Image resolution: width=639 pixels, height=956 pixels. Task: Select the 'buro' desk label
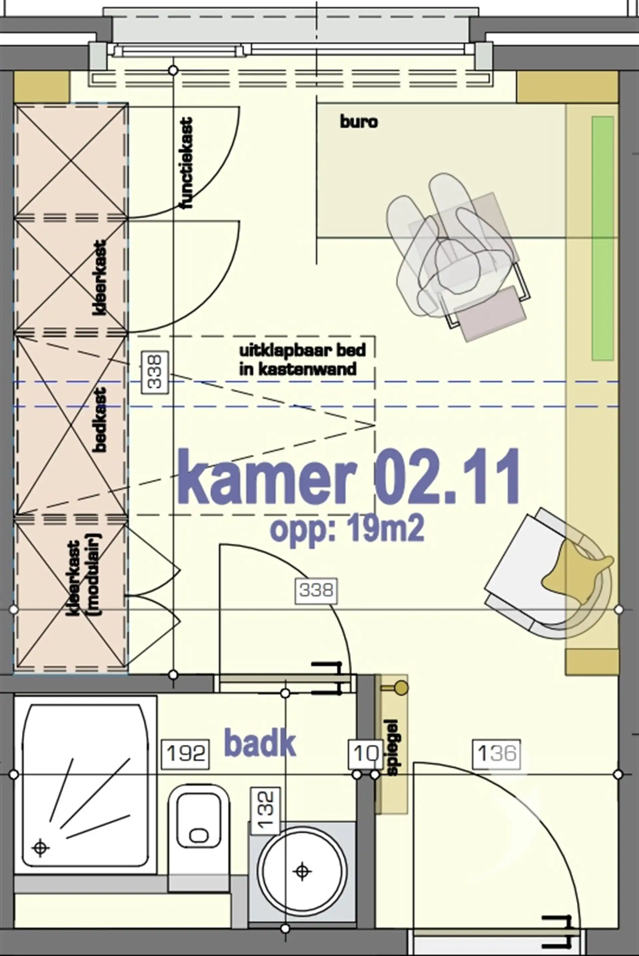(x=359, y=121)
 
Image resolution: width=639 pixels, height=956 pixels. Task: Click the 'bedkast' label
(x=100, y=419)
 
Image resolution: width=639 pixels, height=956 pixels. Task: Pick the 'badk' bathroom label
(x=260, y=744)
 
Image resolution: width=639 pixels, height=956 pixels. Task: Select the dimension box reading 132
(x=266, y=809)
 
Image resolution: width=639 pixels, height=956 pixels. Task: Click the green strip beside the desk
(x=603, y=238)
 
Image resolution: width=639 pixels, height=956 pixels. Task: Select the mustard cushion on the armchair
(x=575, y=567)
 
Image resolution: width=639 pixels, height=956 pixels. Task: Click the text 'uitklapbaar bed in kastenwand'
(x=302, y=359)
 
